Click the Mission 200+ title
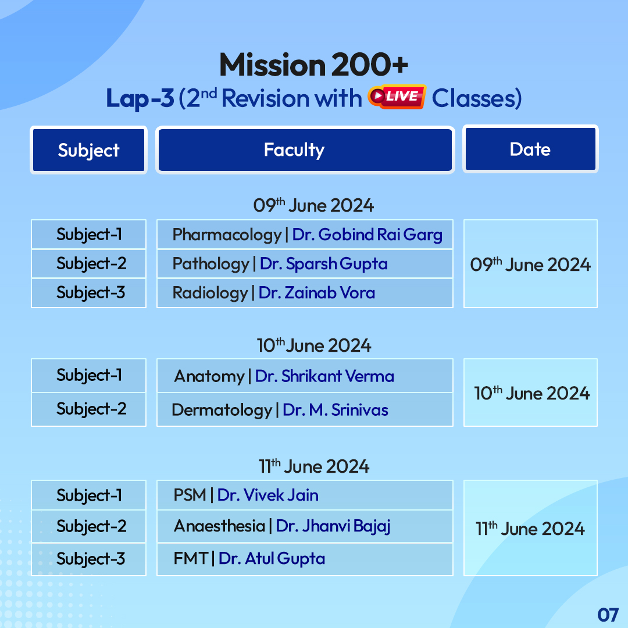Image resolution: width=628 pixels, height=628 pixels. click(313, 66)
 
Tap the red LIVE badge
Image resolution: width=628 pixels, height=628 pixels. click(397, 97)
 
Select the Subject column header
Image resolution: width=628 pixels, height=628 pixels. click(88, 150)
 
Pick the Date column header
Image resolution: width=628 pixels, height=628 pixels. click(530, 149)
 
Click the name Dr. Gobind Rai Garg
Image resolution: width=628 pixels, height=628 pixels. click(367, 234)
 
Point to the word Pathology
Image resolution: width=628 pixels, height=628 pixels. click(210, 264)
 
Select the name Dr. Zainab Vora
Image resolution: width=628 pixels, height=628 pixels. click(316, 292)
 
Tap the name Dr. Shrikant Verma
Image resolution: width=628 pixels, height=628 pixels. click(324, 376)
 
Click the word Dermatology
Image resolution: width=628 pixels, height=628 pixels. click(222, 410)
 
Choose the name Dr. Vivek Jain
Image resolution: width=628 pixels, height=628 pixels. click(267, 495)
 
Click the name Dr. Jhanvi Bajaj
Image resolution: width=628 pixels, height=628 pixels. click(333, 526)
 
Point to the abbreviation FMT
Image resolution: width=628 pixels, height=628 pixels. click(191, 559)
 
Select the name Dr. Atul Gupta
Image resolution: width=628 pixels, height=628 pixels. click(272, 559)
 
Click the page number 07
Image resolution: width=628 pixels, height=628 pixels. click(607, 614)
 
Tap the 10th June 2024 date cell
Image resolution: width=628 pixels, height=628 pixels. click(530, 393)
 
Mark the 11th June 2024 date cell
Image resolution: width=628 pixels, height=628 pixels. click(530, 528)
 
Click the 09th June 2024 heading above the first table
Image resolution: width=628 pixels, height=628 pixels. click(313, 205)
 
